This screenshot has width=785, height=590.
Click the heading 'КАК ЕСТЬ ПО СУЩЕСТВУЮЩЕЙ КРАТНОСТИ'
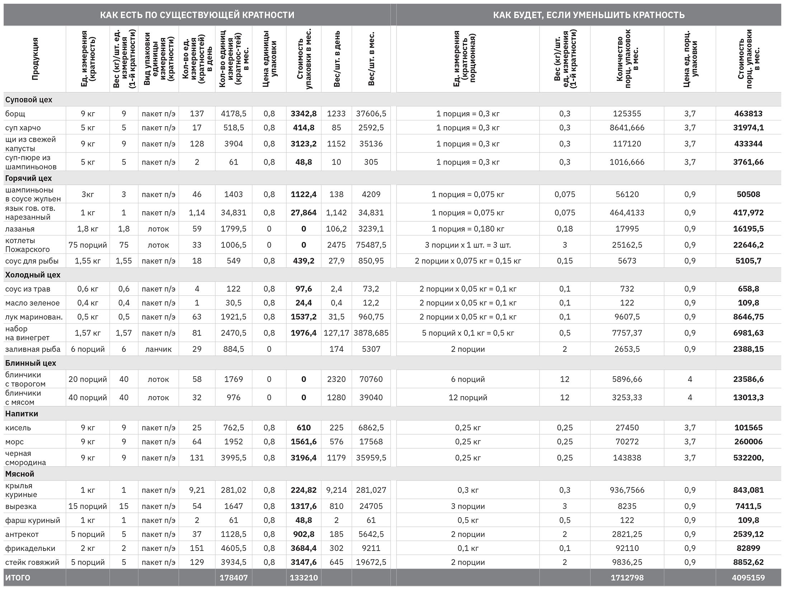click(x=197, y=15)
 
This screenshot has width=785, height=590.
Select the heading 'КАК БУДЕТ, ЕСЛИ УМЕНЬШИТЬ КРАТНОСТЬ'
click(x=589, y=15)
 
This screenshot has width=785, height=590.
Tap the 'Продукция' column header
click(x=35, y=59)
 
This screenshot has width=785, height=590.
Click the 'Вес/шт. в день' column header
click(x=337, y=59)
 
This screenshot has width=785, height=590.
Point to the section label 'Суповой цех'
click(x=29, y=100)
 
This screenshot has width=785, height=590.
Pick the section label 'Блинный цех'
click(x=30, y=363)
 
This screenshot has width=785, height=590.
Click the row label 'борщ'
click(x=15, y=114)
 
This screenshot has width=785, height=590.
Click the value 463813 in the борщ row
click(x=748, y=114)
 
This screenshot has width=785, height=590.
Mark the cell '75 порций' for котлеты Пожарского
click(x=88, y=245)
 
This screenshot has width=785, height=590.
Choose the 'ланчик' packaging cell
click(x=158, y=349)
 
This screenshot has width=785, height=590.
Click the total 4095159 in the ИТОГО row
click(x=748, y=578)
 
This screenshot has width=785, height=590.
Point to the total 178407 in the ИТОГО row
click(x=234, y=578)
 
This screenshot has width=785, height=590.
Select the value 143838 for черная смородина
click(x=627, y=458)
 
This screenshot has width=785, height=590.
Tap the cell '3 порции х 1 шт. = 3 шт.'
click(x=467, y=245)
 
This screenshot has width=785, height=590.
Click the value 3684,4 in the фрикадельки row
click(x=304, y=548)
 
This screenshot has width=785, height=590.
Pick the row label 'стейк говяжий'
click(x=32, y=562)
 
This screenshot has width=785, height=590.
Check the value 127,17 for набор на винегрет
click(x=336, y=333)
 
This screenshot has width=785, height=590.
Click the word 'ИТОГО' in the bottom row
click(x=18, y=578)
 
